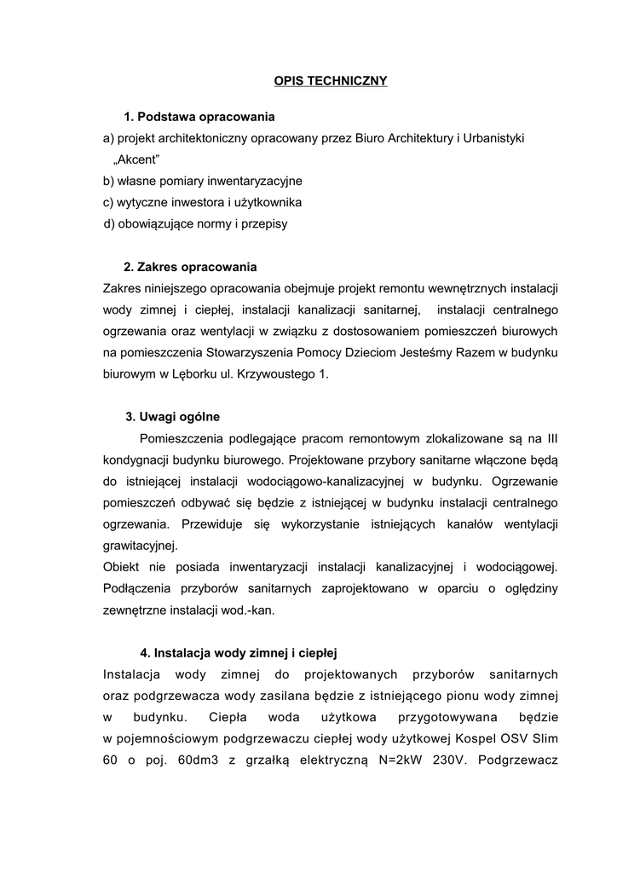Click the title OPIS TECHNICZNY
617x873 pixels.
(331, 81)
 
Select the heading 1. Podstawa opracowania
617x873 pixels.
(199, 116)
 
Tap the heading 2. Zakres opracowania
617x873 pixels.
(190, 267)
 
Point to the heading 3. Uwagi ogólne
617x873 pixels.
(172, 417)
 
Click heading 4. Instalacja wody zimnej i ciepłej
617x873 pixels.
(239, 653)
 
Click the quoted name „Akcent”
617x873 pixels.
(136, 159)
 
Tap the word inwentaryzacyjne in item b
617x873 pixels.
(256, 181)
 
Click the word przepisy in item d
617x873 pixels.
(266, 223)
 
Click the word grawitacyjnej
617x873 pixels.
(141, 546)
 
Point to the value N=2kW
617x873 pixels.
(395, 760)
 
